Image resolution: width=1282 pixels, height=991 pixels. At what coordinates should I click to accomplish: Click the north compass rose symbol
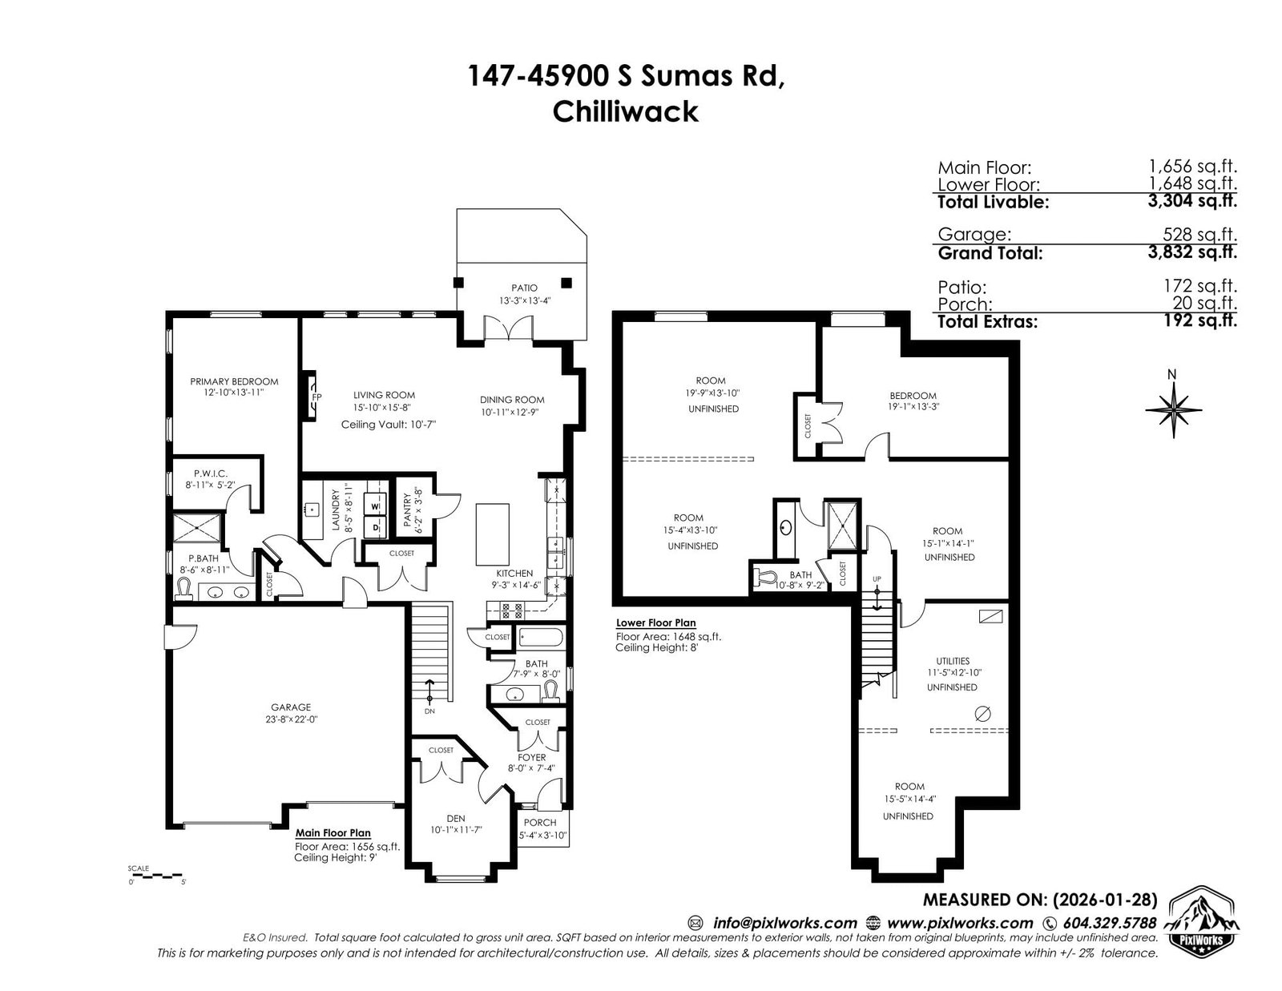tap(1174, 410)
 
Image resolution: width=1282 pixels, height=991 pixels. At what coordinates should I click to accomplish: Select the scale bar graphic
tap(156, 876)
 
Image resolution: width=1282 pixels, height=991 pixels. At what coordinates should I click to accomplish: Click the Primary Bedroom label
tap(234, 381)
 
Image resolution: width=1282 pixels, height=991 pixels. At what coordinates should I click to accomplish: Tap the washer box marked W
tap(375, 506)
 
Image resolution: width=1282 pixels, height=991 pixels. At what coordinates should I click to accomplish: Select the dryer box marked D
tap(375, 528)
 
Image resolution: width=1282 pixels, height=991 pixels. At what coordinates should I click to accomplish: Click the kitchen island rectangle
tap(493, 534)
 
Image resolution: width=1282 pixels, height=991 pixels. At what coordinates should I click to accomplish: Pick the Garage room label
tap(291, 707)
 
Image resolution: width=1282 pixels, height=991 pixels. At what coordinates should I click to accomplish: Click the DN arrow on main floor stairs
tap(429, 691)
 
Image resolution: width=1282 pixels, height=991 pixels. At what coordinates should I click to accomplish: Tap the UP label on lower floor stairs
tap(877, 579)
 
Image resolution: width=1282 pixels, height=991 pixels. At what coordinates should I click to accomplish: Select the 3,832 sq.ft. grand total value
tap(1192, 252)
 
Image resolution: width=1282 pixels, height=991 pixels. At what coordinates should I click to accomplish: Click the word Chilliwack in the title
tap(625, 112)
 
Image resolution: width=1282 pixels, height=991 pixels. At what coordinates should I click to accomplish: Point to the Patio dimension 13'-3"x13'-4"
tap(525, 300)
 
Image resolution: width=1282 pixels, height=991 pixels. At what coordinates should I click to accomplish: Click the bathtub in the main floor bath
tap(541, 638)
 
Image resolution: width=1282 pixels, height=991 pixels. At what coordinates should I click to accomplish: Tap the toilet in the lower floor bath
tap(764, 578)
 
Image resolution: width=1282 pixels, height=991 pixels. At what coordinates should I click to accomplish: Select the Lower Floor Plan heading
tap(656, 623)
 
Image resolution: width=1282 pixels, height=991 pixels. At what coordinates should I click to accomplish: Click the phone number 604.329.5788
tap(1110, 923)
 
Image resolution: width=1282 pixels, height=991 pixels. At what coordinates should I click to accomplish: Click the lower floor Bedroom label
tap(913, 396)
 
